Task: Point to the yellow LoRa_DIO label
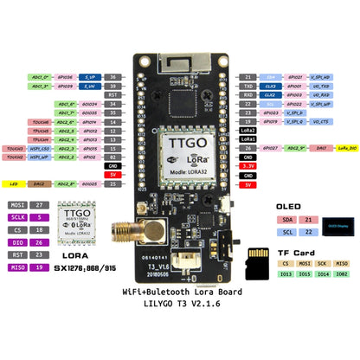point(343,148)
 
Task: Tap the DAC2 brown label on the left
point(42,183)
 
